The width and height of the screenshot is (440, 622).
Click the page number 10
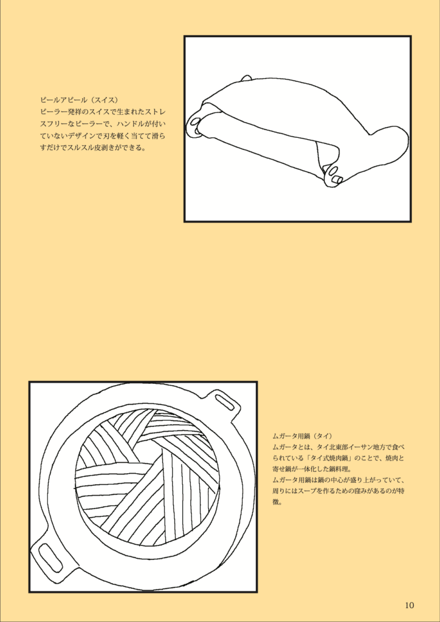410,606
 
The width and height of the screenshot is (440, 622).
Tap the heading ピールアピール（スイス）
80,98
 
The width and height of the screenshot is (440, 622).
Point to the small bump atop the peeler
246,78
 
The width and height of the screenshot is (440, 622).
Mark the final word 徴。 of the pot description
277,502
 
